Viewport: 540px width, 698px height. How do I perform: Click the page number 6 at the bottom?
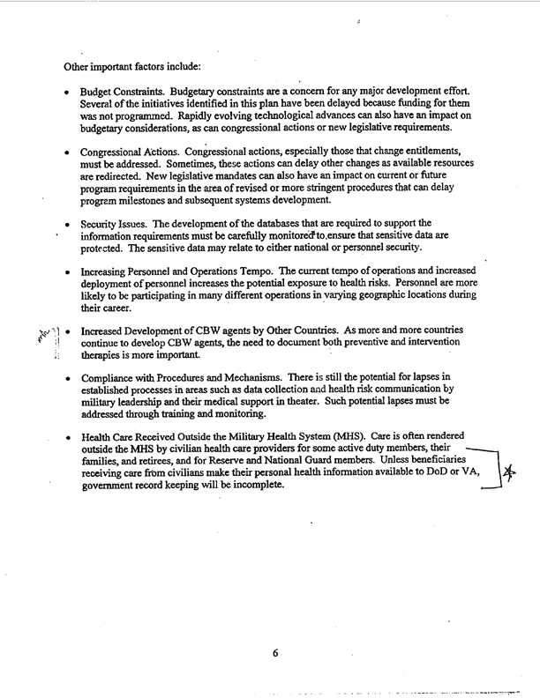(274, 653)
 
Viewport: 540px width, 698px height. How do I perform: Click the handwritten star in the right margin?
(509, 474)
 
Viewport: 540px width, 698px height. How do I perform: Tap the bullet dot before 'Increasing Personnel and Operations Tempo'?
(68, 270)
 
